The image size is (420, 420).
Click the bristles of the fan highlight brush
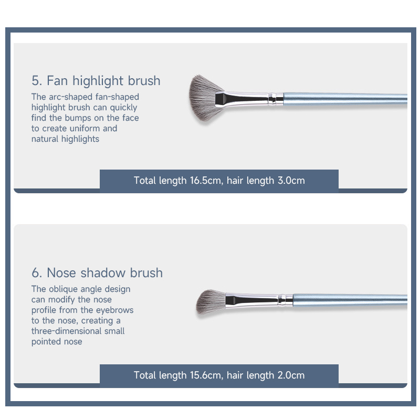pos(204,98)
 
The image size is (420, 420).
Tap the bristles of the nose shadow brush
pos(211,301)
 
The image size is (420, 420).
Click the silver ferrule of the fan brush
pos(249,99)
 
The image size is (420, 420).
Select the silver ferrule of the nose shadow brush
pos(259,300)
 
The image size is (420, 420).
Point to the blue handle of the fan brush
pos(345,99)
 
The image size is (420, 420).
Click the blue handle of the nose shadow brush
pos(350,300)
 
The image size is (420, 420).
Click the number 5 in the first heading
pos(35,81)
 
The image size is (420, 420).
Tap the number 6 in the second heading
pos(36,273)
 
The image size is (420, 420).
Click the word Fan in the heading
pos(57,81)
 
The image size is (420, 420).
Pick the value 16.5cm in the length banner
pos(206,181)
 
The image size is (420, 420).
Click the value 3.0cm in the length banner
pos(291,181)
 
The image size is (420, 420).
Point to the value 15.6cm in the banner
pos(206,375)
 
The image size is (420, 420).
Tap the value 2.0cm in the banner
pos(291,375)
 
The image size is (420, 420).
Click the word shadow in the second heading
pos(103,273)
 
